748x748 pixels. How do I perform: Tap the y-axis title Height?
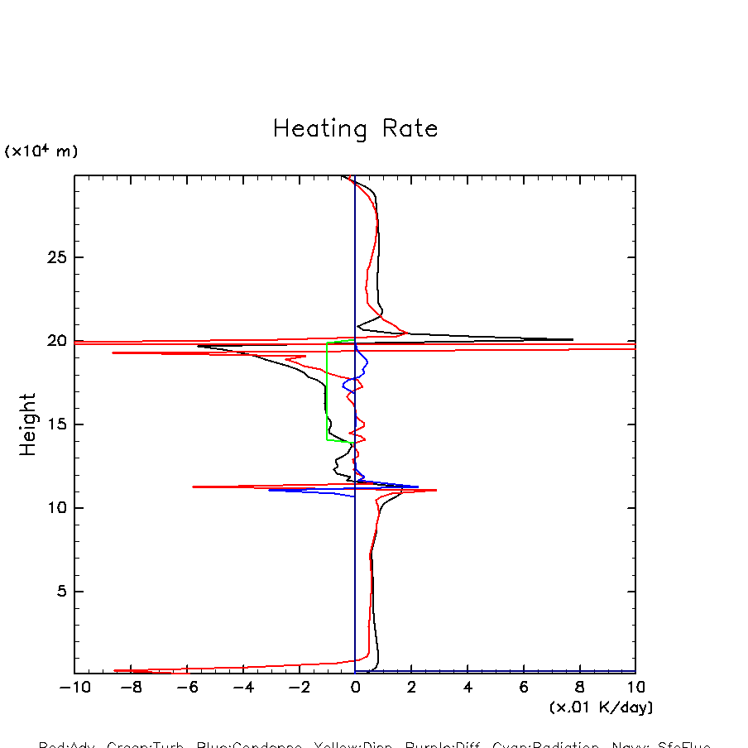click(28, 424)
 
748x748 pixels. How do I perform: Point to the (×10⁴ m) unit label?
click(41, 151)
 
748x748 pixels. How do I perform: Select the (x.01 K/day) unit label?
click(602, 707)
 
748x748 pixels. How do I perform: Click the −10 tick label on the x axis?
click(70, 688)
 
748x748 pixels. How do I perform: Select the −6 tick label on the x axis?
click(183, 688)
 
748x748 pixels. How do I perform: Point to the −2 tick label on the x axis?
click(295, 688)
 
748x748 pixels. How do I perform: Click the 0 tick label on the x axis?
click(355, 688)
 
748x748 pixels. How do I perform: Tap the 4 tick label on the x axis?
click(467, 688)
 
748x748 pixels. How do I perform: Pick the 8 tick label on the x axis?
click(580, 688)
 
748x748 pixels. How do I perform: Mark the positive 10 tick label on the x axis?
click(635, 688)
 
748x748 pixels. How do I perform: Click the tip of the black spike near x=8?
click(573, 339)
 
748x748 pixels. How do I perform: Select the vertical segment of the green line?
click(327, 389)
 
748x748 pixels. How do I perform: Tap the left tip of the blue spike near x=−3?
click(269, 490)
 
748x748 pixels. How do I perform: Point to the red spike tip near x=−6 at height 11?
click(194, 487)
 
